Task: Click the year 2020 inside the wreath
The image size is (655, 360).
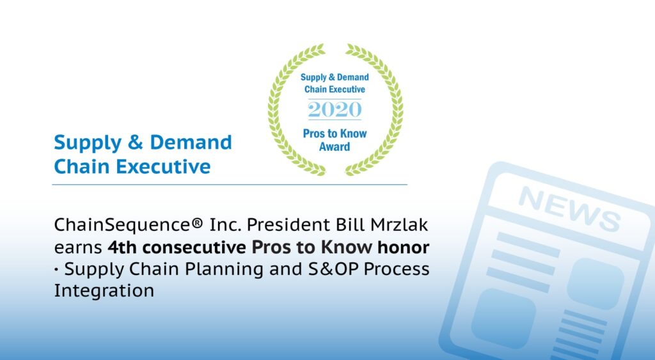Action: pyautogui.click(x=335, y=109)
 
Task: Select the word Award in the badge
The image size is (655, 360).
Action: pyautogui.click(x=335, y=146)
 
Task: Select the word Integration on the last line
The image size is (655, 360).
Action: pyautogui.click(x=104, y=290)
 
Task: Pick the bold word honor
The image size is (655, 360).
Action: pyautogui.click(x=403, y=247)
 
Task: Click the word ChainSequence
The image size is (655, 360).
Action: pyautogui.click(x=123, y=224)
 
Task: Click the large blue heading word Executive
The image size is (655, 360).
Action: pyautogui.click(x=163, y=166)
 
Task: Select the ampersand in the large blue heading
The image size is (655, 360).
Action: pyautogui.click(x=136, y=143)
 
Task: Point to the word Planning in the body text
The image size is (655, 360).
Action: pyautogui.click(x=224, y=269)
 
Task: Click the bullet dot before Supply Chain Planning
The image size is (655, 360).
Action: pyautogui.click(x=56, y=269)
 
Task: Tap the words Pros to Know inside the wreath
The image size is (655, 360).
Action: pyautogui.click(x=335, y=134)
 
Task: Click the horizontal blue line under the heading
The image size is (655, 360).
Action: pyautogui.click(x=230, y=184)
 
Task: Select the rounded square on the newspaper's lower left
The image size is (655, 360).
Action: pyautogui.click(x=504, y=318)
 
